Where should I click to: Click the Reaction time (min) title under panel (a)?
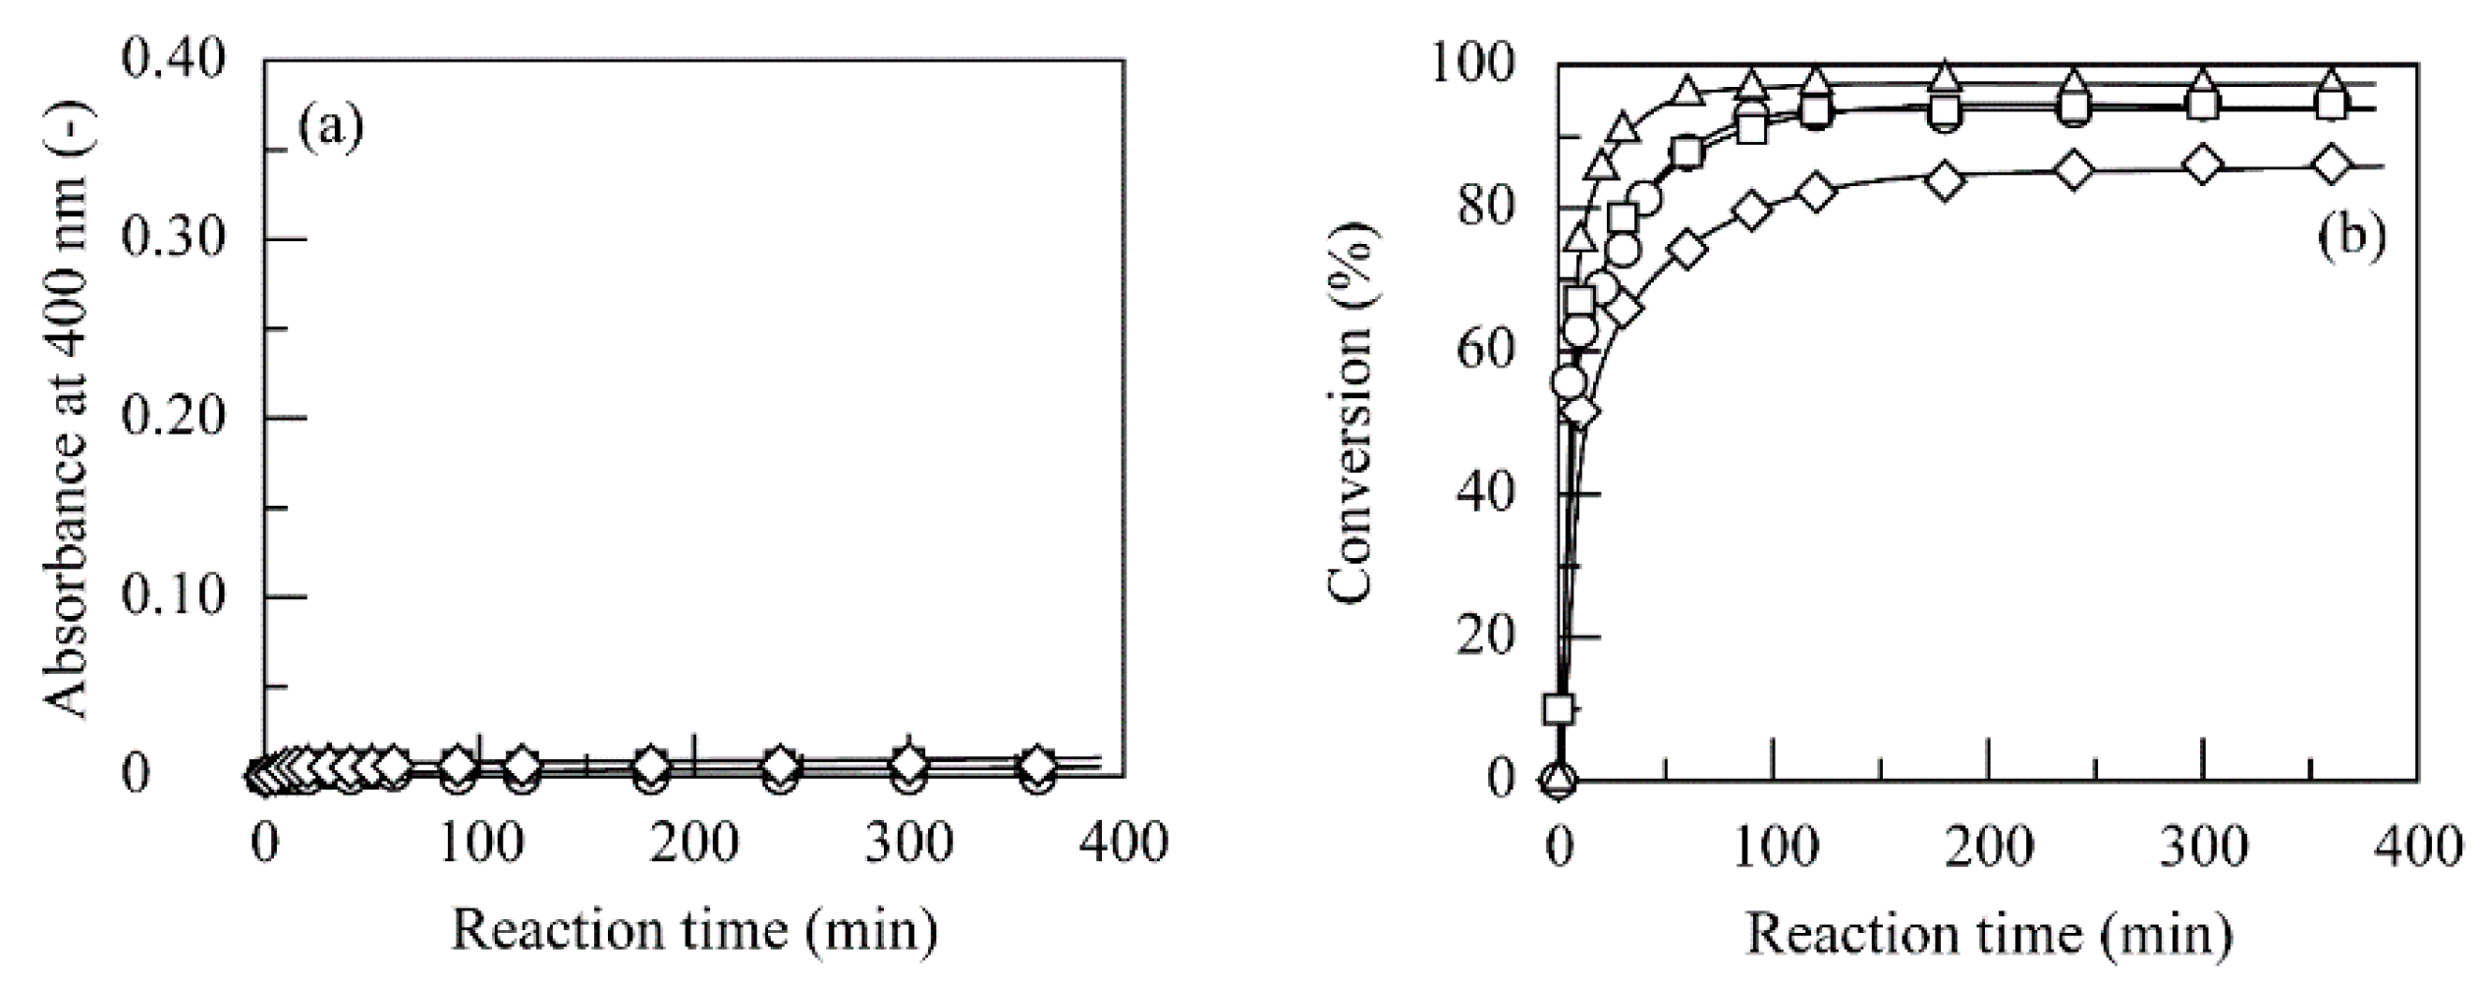pos(694,930)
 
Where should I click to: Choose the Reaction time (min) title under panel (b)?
pos(1988,932)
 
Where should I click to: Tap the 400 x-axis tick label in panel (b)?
pos(2417,845)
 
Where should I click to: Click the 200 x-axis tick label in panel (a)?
pos(694,841)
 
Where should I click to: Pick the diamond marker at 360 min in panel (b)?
pos(2332,165)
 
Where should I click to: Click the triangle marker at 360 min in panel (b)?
pos(2332,81)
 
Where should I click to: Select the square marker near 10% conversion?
pos(1558,709)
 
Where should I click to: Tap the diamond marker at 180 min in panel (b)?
pos(1945,179)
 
